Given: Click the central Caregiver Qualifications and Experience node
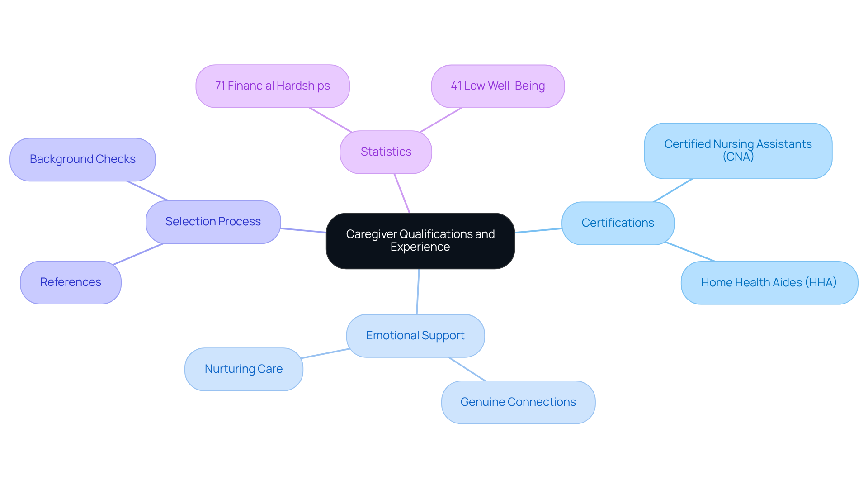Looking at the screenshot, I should click(x=420, y=241).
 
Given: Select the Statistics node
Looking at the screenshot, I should click(x=386, y=152).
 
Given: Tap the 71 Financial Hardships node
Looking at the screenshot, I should click(x=273, y=86).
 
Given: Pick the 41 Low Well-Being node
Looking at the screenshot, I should click(x=498, y=86).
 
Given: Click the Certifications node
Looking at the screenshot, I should click(x=618, y=223).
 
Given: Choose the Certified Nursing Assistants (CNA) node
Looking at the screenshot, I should click(x=738, y=151).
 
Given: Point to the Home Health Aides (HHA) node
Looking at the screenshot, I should click(x=769, y=283).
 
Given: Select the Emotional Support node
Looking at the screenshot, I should click(x=415, y=336).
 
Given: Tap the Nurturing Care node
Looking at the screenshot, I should click(x=244, y=369).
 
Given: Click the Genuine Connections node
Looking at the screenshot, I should click(x=518, y=402).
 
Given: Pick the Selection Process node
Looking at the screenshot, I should click(x=213, y=222).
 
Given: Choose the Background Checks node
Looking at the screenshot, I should click(x=83, y=159).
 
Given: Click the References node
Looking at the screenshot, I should click(x=71, y=282).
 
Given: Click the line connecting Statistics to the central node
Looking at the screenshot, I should click(x=402, y=193).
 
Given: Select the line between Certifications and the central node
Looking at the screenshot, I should click(x=538, y=230).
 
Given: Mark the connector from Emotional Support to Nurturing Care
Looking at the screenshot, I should click(x=325, y=353).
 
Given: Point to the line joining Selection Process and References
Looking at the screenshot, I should click(x=138, y=254).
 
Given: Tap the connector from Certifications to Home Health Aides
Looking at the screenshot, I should click(x=690, y=252).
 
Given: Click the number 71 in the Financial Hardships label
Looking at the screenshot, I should click(x=220, y=86).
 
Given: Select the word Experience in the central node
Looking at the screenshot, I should click(x=420, y=247).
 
